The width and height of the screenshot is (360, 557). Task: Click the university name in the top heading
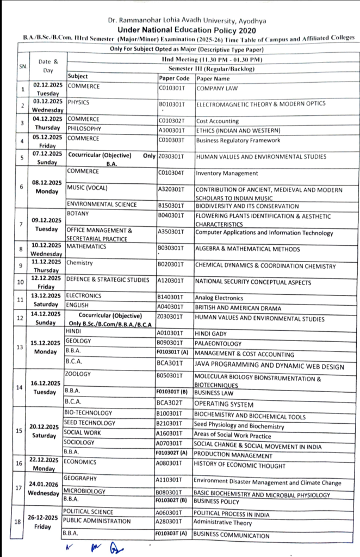click(x=187, y=20)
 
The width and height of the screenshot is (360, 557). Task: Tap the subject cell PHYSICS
click(x=78, y=102)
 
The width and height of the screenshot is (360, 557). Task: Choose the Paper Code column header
click(x=174, y=78)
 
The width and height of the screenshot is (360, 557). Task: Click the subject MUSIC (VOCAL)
click(x=86, y=188)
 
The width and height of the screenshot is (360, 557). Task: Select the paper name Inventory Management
click(x=227, y=174)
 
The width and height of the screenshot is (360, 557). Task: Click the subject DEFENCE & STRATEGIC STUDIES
click(x=107, y=280)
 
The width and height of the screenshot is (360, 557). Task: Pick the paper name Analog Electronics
click(x=219, y=298)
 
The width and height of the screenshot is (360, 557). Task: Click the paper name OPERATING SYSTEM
click(x=224, y=405)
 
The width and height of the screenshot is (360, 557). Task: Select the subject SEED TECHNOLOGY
click(x=89, y=423)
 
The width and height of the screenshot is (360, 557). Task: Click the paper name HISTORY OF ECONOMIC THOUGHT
click(x=239, y=466)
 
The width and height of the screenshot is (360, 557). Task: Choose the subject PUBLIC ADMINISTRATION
click(x=97, y=521)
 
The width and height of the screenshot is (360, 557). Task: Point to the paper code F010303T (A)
click(x=171, y=534)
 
